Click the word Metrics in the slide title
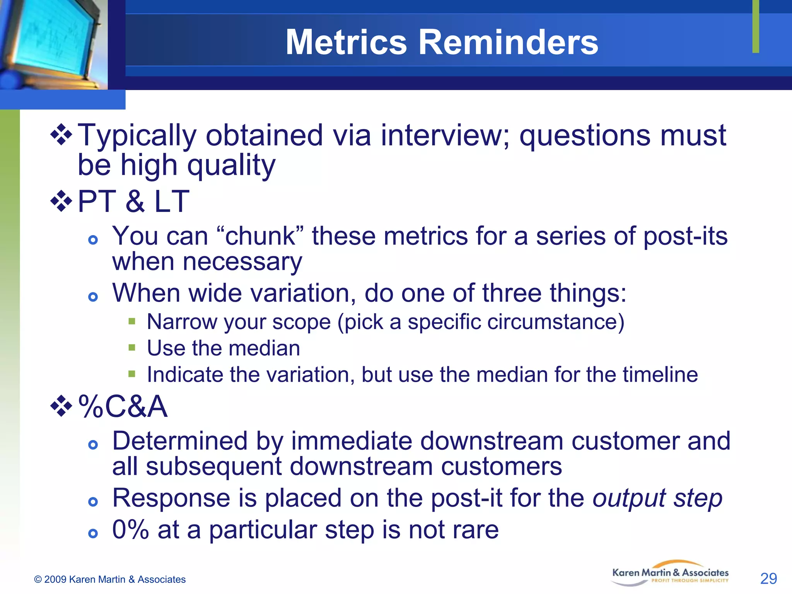click(346, 43)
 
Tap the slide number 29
click(768, 579)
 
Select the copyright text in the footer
click(110, 579)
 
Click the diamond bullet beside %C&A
click(61, 406)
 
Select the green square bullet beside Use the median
click(132, 347)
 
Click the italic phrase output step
click(657, 498)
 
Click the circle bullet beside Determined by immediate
click(93, 445)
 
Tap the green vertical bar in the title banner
click(756, 26)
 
